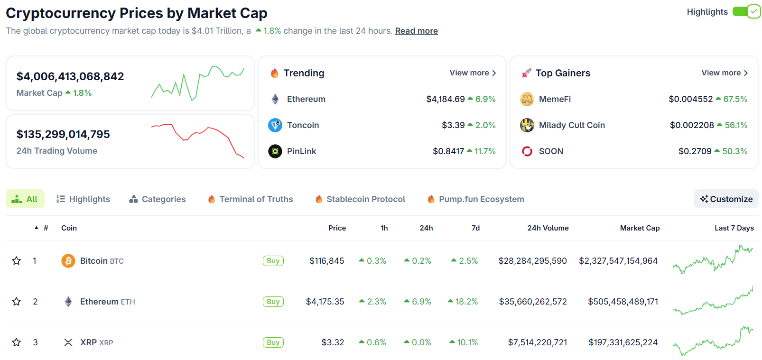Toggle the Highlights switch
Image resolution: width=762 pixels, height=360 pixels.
746,11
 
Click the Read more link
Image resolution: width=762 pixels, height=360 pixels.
416,31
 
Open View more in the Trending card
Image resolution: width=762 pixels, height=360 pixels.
473,73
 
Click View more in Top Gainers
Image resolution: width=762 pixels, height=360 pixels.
725,73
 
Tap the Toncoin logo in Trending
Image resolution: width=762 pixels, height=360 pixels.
275,125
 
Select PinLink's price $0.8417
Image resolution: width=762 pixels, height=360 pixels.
448,151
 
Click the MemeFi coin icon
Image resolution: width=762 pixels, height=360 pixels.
527,99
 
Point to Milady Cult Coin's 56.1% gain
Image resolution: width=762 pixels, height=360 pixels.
735,125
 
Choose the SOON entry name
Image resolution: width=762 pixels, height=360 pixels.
551,151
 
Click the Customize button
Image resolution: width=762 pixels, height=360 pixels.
726,199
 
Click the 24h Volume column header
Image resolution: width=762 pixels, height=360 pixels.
548,228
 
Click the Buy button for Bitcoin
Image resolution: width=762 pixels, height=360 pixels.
273,261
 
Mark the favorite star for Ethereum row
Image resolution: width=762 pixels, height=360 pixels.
17,302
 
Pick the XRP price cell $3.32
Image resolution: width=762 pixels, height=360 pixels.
333,342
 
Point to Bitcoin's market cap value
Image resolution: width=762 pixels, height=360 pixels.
618,261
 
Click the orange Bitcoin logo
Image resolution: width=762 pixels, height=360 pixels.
68,261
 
